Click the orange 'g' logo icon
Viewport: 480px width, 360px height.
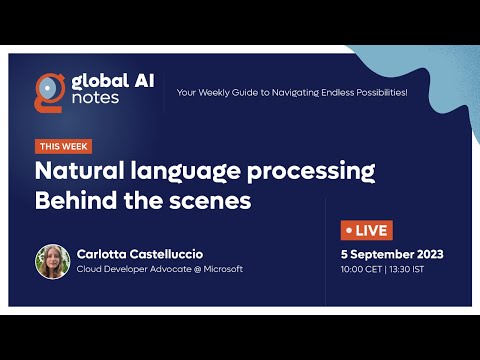(x=46, y=89)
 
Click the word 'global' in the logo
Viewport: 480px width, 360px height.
(x=95, y=79)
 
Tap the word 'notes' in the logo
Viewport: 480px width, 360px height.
(x=96, y=101)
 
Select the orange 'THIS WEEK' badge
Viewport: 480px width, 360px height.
(x=64, y=145)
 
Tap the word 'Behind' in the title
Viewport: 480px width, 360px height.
(x=74, y=200)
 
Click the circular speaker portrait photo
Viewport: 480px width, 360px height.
(x=52, y=261)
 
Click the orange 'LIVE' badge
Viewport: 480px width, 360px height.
(x=367, y=230)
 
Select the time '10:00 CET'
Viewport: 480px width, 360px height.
(x=363, y=269)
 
